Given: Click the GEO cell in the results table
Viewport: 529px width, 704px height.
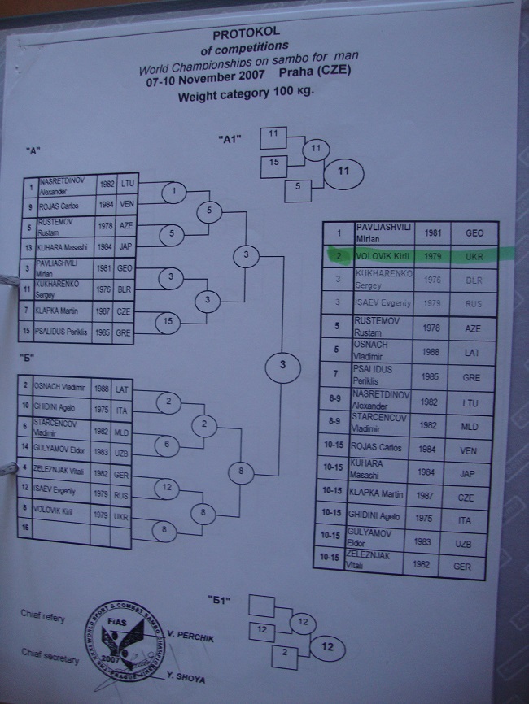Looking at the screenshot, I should click(x=474, y=232).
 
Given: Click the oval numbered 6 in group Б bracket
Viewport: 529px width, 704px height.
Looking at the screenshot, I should click(x=166, y=444).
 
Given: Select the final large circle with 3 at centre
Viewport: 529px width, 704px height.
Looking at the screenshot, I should click(x=282, y=364).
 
